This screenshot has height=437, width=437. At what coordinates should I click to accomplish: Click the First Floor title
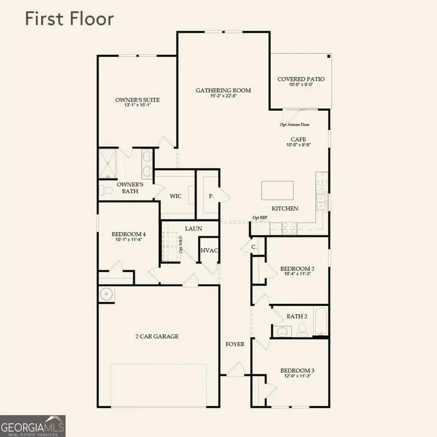pyautogui.click(x=69, y=19)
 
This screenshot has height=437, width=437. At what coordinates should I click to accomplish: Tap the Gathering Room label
pyautogui.click(x=223, y=90)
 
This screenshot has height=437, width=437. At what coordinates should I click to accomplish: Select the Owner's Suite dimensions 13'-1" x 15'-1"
pyautogui.click(x=137, y=106)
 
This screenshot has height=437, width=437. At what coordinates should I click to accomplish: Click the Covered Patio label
pyautogui.click(x=301, y=79)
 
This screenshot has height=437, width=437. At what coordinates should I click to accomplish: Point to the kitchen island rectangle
pyautogui.click(x=277, y=190)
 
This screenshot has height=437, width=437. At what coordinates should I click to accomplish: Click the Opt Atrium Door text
pyautogui.click(x=295, y=124)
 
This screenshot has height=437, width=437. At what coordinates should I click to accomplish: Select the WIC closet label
pyautogui.click(x=176, y=197)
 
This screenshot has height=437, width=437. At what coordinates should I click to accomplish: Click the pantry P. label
pyautogui.click(x=211, y=197)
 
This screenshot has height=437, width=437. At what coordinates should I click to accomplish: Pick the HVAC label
pyautogui.click(x=209, y=251)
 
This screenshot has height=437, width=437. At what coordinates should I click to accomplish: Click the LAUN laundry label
pyautogui.click(x=193, y=228)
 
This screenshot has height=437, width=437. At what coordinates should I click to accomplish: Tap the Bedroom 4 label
pyautogui.click(x=129, y=234)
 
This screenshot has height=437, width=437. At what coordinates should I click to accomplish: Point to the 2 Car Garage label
pyautogui.click(x=157, y=336)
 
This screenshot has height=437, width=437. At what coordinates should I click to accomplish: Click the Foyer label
pyautogui.click(x=235, y=344)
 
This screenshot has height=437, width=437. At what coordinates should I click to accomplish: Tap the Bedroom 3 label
pyautogui.click(x=297, y=370)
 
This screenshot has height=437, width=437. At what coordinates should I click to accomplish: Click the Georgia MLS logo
pyautogui.click(x=33, y=426)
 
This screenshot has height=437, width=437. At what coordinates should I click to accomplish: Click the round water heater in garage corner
pyautogui.click(x=106, y=294)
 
